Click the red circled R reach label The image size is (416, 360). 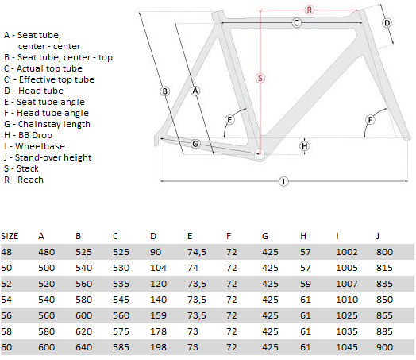310,10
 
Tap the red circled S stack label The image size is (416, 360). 260,78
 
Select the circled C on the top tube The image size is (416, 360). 297,23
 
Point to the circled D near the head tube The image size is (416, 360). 387,23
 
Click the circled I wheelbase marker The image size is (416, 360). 283,182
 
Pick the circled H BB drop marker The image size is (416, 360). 305,146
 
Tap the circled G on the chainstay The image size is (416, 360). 195,144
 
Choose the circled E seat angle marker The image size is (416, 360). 229,120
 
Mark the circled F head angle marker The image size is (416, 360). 370,120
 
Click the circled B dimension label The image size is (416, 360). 165,91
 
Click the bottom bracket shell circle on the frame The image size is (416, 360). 260,154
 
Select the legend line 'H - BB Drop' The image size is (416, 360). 28,135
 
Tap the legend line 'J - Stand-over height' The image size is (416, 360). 48,157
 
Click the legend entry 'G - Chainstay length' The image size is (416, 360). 47,124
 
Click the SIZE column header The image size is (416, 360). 10,236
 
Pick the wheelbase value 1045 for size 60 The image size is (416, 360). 347,347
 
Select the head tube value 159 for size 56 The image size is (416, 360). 159,315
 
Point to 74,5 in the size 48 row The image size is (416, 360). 197,252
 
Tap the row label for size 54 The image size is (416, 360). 6,300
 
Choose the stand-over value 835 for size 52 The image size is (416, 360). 384,284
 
